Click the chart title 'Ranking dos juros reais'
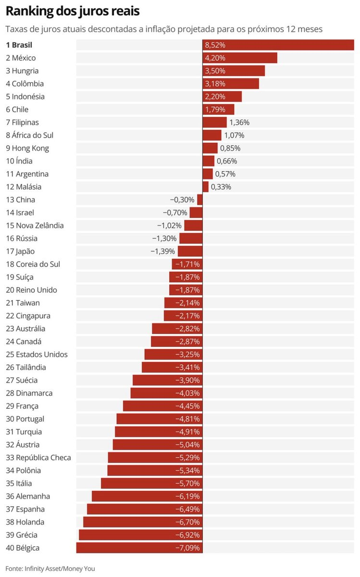pos(73,11)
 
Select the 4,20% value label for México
pos(215,58)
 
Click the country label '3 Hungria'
pos(22,71)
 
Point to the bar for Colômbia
pos(231,84)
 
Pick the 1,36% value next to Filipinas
pos(239,123)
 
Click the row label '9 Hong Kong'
pos(27,148)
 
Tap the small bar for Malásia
pos(206,187)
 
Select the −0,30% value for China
pos(182,200)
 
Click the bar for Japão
pos(190,251)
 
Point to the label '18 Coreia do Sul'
pos(33,264)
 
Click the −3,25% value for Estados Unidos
pos(188,354)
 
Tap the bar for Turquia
pos(159,432)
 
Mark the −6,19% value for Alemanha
pos(188,496)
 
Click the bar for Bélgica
pos(139,548)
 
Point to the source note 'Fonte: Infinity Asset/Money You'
pos(50,568)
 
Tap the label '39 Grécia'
pos(22,535)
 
